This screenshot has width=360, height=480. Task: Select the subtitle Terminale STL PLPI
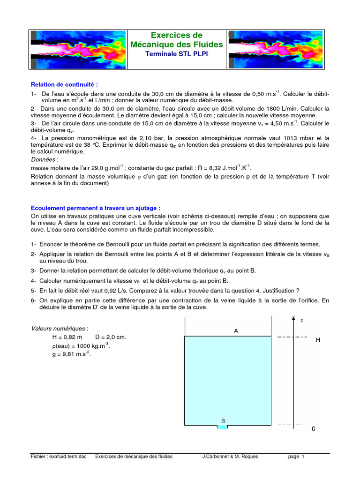(x=177, y=54)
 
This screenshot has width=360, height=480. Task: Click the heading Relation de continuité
(x=65, y=85)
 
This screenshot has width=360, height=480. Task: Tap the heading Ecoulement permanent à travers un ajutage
(x=96, y=208)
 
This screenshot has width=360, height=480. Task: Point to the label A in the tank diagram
(x=236, y=331)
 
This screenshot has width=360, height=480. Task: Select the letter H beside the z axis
(x=318, y=340)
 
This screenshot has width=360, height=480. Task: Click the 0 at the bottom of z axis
(x=314, y=428)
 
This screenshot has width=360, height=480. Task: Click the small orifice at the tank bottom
(x=222, y=427)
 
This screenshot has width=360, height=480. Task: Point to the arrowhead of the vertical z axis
(x=293, y=319)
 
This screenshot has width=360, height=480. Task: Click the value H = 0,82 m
(x=67, y=337)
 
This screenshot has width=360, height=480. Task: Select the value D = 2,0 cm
(x=111, y=337)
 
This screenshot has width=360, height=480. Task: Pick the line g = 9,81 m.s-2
(x=72, y=354)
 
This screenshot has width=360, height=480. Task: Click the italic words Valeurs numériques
(x=59, y=329)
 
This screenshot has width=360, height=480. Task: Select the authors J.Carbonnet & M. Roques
(x=230, y=457)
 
